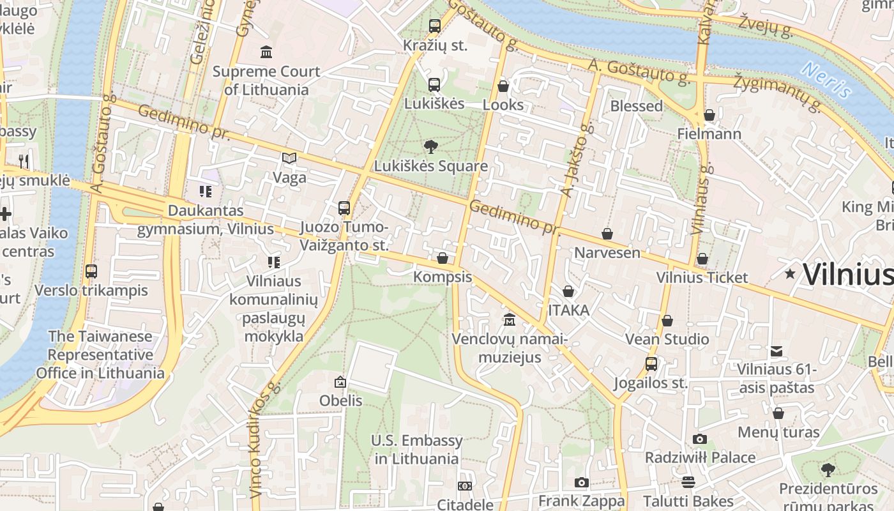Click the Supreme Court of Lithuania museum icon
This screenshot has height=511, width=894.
coord(266,51)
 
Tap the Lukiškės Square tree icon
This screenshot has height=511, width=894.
coord(431,147)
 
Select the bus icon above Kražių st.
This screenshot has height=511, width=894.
coord(435,26)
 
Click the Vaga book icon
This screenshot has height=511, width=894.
coord(289,158)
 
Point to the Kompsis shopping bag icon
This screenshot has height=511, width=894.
coord(443,258)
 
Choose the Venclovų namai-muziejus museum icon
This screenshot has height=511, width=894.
coord(509,319)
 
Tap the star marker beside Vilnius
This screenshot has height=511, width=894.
coord(790,274)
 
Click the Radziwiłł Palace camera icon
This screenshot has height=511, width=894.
coord(700,439)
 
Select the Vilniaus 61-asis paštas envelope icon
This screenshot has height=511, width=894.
coord(777,351)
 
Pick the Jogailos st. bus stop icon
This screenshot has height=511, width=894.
coord(651,364)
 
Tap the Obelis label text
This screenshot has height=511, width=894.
coord(341,401)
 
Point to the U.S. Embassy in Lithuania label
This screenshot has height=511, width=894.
coord(416,450)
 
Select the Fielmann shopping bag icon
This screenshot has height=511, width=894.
coord(709,115)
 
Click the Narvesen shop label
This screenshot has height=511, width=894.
coord(607,252)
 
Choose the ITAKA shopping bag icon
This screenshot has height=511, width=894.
coord(568,292)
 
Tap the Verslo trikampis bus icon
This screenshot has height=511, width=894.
coord(91,271)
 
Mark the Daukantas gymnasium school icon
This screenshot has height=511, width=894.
coord(205,191)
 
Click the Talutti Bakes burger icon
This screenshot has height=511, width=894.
coord(688,482)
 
